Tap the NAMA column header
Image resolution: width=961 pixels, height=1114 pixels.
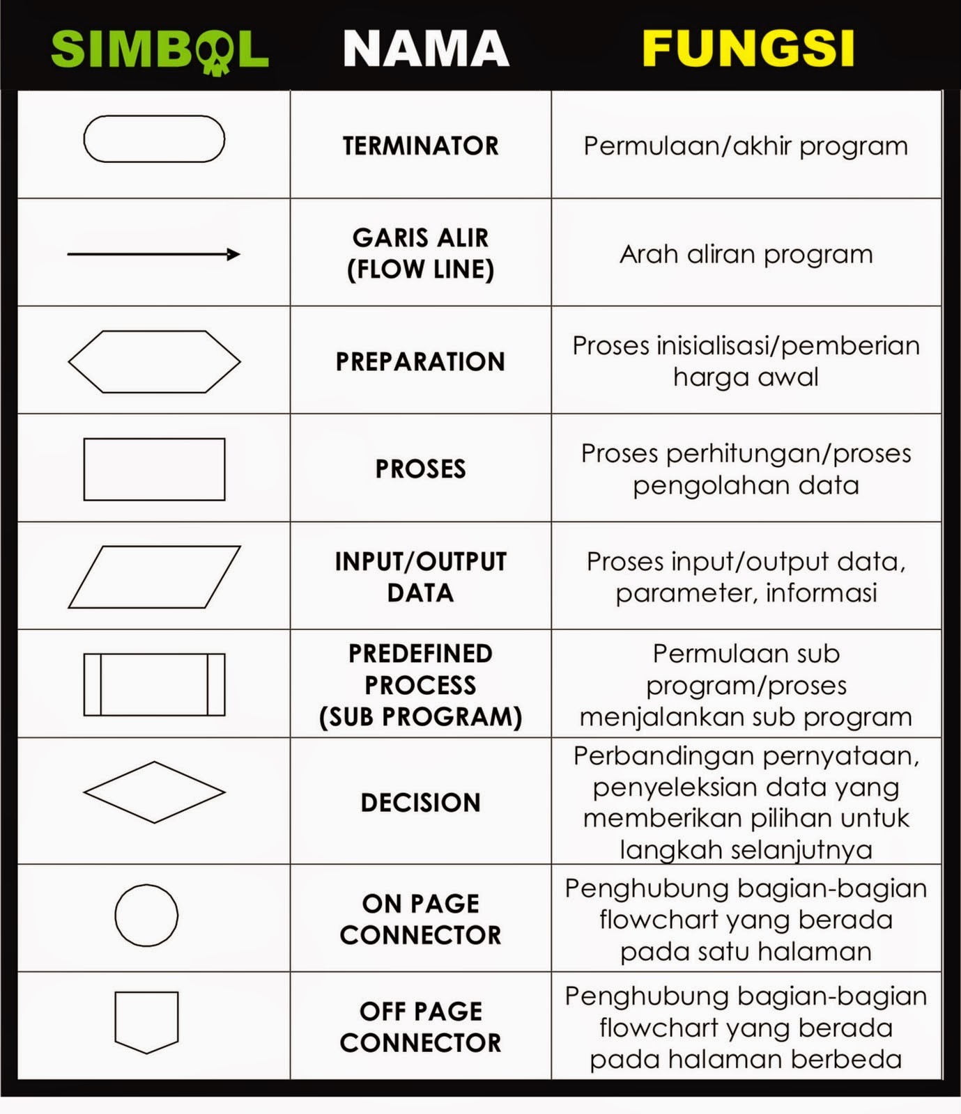(426, 49)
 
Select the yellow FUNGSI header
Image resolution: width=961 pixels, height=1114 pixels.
(748, 49)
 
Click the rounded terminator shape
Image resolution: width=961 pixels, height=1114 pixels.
(154, 139)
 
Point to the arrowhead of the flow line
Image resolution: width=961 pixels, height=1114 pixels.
(234, 254)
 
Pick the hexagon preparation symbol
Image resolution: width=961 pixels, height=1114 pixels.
(154, 361)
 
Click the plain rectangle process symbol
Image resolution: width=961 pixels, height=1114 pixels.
(154, 469)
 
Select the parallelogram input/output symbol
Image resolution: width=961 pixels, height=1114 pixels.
(154, 577)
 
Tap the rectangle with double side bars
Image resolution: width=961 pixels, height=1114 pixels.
(154, 684)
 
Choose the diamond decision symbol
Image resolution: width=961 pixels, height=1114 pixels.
(154, 792)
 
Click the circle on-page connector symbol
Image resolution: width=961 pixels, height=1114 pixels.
(146, 915)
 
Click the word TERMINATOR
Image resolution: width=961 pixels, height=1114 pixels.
(420, 146)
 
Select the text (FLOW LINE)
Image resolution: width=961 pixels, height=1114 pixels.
(420, 269)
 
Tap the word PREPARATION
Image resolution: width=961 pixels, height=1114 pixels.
(420, 362)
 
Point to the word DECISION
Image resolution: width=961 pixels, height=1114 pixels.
(420, 803)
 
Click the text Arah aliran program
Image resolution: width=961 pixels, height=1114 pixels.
(746, 255)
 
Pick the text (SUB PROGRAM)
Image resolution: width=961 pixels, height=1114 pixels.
(420, 717)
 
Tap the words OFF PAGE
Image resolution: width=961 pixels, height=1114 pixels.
(420, 1011)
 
